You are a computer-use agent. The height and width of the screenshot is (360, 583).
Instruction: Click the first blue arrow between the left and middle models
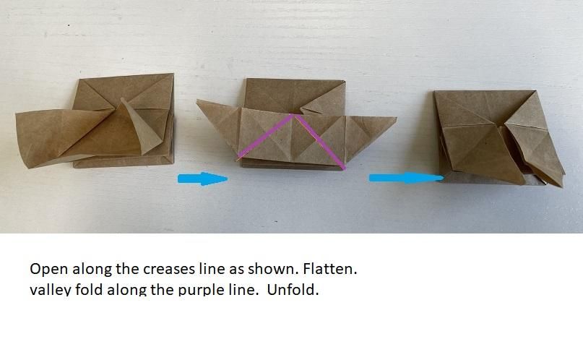[202, 179]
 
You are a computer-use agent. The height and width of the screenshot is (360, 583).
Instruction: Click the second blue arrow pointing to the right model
[407, 178]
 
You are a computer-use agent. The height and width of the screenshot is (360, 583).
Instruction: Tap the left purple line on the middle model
[265, 136]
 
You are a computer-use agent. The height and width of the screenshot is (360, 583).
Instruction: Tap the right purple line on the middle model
[320, 142]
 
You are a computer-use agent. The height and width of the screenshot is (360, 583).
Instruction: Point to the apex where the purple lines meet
[294, 115]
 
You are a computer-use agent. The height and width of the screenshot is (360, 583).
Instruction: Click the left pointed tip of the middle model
[197, 100]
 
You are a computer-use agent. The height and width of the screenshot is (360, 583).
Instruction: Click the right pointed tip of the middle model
[396, 119]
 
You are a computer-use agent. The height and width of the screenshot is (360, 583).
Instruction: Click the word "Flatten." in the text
[330, 268]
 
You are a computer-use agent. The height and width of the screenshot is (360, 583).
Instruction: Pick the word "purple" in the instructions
[202, 289]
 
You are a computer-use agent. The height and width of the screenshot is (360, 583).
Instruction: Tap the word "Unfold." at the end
[293, 289]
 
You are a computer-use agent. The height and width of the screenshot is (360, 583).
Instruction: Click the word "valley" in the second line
[51, 289]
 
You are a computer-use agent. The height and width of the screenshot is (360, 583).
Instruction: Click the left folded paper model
[95, 121]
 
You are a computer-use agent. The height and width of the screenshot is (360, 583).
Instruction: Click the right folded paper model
[499, 138]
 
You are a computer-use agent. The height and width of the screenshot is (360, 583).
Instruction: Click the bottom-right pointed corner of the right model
[561, 185]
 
